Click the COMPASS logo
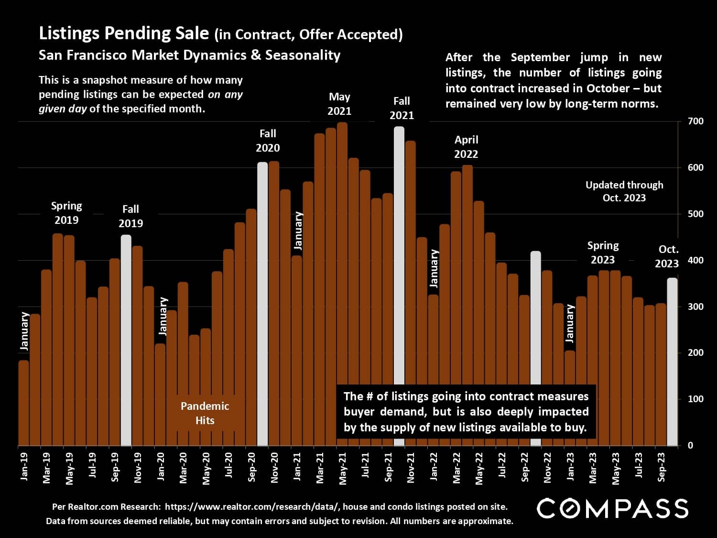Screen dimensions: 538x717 pyautogui.click(x=612, y=508)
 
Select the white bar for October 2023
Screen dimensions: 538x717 pyautogui.click(x=672, y=362)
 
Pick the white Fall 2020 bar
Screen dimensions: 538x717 pyautogui.click(x=262, y=304)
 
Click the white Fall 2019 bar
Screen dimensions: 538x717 pyautogui.click(x=126, y=340)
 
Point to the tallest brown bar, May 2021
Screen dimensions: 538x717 pyautogui.click(x=342, y=284)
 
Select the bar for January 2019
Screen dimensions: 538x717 pyautogui.click(x=23, y=403)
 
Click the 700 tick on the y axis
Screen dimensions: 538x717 pyautogui.click(x=695, y=121)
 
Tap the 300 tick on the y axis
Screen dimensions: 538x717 pyautogui.click(x=695, y=307)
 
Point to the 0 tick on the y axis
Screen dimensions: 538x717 pyautogui.click(x=690, y=446)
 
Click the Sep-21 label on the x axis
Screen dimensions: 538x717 pyautogui.click(x=388, y=467)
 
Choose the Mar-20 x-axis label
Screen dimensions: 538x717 pyautogui.click(x=183, y=468)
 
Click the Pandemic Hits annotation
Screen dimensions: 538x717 pyautogui.click(x=205, y=413)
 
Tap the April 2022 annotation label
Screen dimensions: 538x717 pyautogui.click(x=466, y=147)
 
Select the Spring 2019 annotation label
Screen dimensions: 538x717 pyautogui.click(x=66, y=213)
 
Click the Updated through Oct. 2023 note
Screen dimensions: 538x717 pyautogui.click(x=624, y=191)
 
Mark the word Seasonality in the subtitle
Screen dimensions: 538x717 pyautogui.click(x=303, y=55)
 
